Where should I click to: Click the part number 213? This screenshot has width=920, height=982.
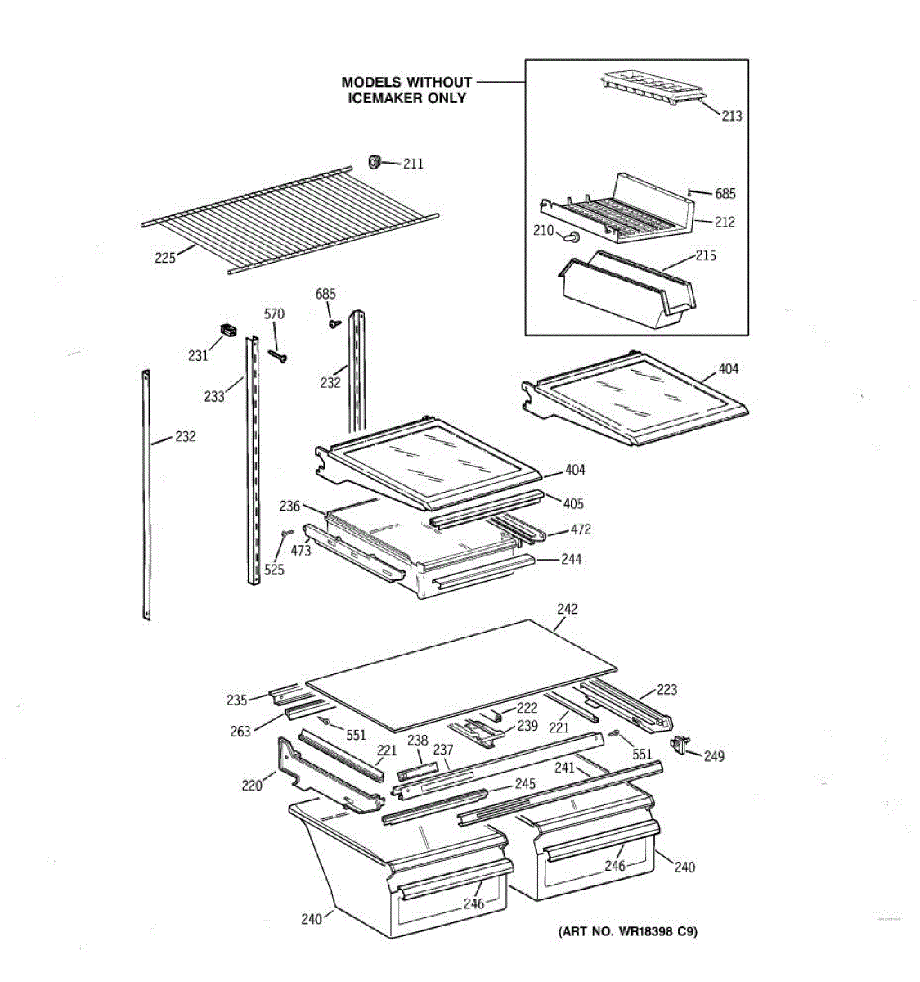(x=731, y=116)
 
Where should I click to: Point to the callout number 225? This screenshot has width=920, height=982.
(x=165, y=258)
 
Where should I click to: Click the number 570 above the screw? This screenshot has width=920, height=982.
(x=274, y=314)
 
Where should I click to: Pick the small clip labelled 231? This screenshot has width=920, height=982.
(x=226, y=331)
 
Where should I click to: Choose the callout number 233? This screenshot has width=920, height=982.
(x=214, y=397)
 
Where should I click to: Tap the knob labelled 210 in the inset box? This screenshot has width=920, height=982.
(x=573, y=237)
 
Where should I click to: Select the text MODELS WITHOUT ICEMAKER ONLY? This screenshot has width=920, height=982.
(x=406, y=90)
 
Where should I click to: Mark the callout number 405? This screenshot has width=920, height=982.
(x=573, y=504)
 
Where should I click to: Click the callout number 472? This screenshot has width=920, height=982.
(x=580, y=529)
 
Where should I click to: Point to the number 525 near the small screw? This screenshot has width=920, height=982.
(x=274, y=570)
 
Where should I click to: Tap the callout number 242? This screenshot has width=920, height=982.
(x=567, y=609)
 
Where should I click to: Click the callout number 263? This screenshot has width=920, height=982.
(x=240, y=732)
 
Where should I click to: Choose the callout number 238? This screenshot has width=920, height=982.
(x=417, y=741)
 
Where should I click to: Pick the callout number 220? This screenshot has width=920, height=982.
(x=251, y=786)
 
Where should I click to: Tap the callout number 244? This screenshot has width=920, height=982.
(x=571, y=559)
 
